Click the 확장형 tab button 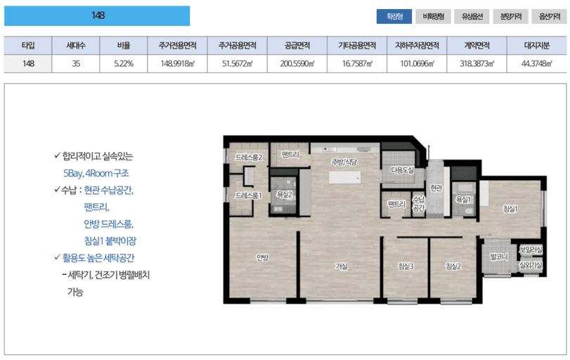(394, 16)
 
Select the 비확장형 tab (434, 16)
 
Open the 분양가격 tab (511, 16)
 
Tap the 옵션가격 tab (550, 16)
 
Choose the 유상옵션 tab (472, 16)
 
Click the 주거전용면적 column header (177, 46)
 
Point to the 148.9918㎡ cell (177, 64)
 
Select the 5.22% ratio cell (124, 64)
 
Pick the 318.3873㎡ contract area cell (477, 64)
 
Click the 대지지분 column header (536, 46)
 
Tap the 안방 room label (262, 257)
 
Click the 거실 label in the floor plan (342, 266)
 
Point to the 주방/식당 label (344, 162)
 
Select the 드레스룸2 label (249, 157)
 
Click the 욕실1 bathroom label (463, 199)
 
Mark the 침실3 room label (406, 266)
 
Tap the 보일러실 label (531, 250)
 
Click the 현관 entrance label (436, 188)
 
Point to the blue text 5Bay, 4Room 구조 (96, 173)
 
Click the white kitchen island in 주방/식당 (344, 177)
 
